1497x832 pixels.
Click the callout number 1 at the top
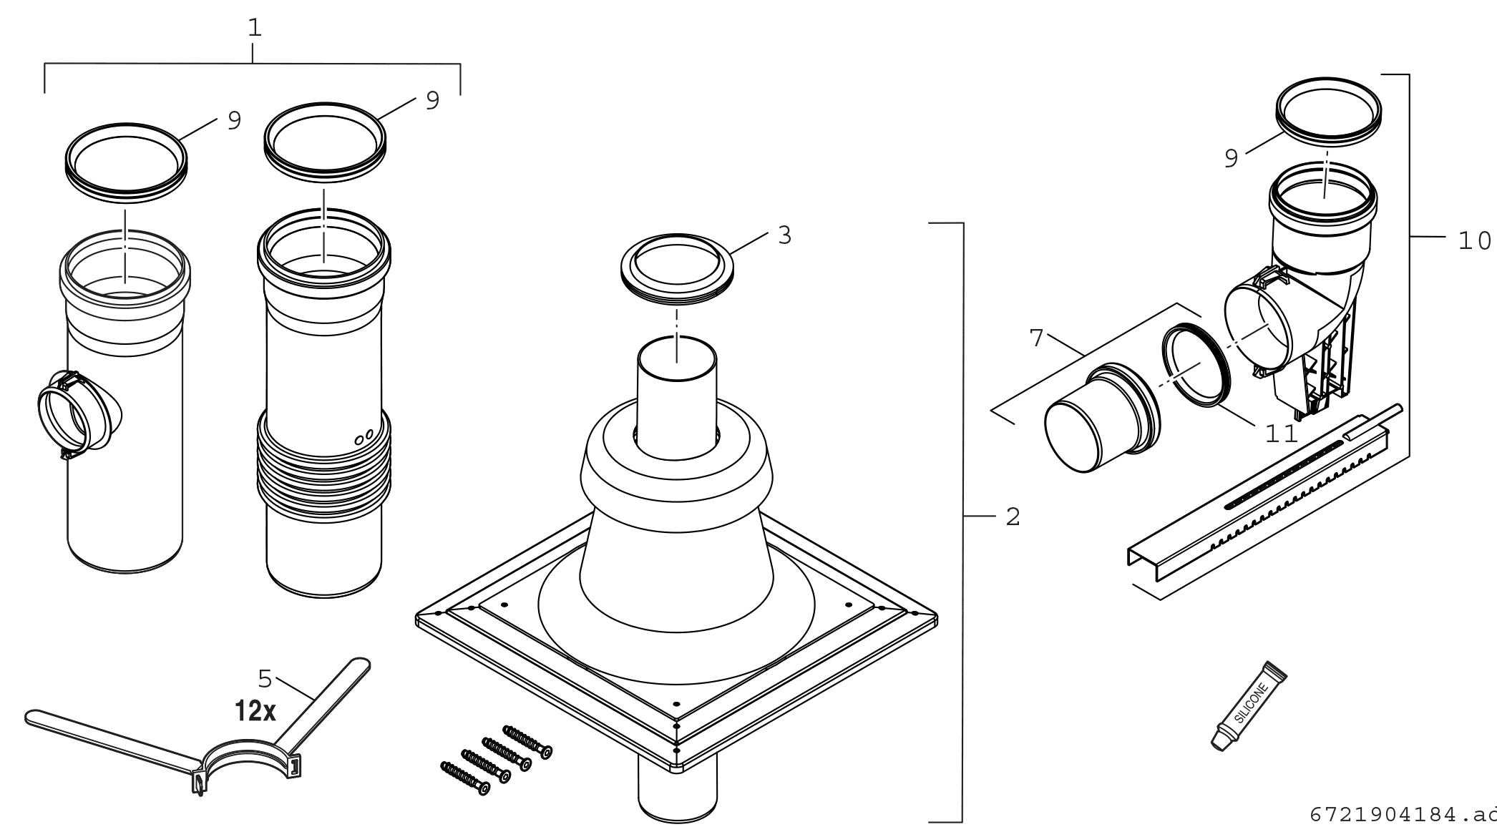point(255,28)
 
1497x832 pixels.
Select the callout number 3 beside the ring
point(785,235)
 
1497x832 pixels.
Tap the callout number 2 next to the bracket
point(1013,517)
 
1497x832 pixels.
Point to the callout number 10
point(1475,240)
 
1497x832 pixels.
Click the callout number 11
point(1282,434)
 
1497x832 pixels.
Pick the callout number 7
point(1038,338)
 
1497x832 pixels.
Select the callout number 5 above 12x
point(265,678)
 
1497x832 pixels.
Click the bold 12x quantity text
point(255,711)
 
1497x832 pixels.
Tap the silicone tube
point(1249,705)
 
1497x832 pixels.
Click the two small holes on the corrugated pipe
point(364,436)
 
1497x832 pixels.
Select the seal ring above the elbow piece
point(1329,112)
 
